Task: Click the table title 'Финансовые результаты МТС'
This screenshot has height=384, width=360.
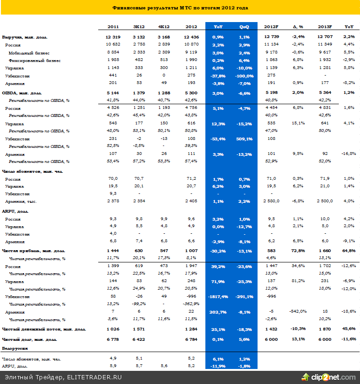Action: point(180,8)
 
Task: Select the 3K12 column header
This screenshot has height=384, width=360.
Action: point(139,27)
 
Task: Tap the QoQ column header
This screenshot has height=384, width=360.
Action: point(244,27)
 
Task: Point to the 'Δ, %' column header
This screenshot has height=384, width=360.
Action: point(298,27)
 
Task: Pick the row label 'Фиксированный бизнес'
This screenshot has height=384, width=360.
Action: point(34,61)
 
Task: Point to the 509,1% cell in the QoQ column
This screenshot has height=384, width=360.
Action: point(244,139)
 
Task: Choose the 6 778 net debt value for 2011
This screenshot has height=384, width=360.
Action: point(113,339)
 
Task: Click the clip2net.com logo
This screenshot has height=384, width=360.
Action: point(329,377)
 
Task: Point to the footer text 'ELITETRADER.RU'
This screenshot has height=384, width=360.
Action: point(96,377)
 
